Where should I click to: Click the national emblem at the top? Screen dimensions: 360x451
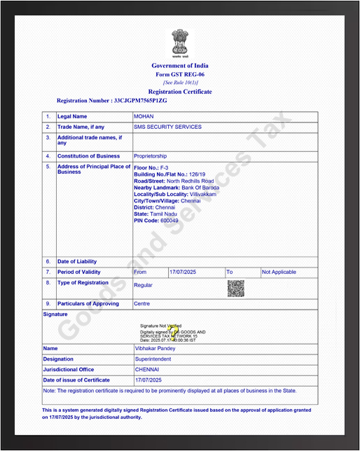pyautogui.click(x=180, y=43)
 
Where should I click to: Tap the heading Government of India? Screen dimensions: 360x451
pyautogui.click(x=180, y=66)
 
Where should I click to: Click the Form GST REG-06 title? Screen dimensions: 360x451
pyautogui.click(x=180, y=74)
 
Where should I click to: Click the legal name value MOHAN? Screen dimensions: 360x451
pyautogui.click(x=144, y=116)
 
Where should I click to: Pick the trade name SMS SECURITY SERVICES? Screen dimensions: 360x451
pyautogui.click(x=167, y=127)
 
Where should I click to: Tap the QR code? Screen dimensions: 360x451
pyautogui.click(x=235, y=288)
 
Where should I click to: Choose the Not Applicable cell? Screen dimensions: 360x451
pyautogui.click(x=279, y=272)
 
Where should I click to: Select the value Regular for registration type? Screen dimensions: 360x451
pyautogui.click(x=143, y=285)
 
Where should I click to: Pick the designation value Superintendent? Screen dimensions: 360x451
pyautogui.click(x=153, y=359)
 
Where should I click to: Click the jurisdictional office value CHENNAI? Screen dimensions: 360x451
pyautogui.click(x=147, y=369)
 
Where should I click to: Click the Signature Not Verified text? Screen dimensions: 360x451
pyautogui.click(x=160, y=326)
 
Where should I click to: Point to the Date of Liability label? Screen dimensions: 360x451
pyautogui.click(x=77, y=261)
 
